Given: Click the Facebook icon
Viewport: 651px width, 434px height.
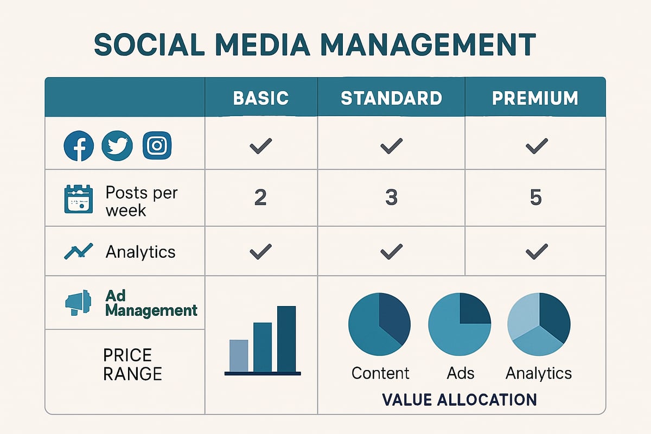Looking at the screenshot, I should tap(79, 146).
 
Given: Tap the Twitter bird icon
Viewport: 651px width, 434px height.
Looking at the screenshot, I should tap(117, 146).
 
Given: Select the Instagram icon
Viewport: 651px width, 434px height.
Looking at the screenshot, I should tap(157, 146).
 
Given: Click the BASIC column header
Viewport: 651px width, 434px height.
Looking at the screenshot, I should tap(260, 98).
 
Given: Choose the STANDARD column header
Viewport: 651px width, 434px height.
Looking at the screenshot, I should tap(391, 98).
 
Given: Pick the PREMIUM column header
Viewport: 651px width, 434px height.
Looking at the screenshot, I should tap(535, 98).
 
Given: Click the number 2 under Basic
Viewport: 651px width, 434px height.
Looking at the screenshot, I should tap(260, 198).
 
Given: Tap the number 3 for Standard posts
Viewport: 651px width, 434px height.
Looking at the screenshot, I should tap(391, 198).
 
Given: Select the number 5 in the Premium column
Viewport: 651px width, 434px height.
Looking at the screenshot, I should tap(535, 198).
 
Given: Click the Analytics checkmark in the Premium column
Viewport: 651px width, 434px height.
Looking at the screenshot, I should tap(536, 251).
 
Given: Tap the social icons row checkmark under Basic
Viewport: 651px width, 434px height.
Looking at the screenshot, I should tap(260, 146).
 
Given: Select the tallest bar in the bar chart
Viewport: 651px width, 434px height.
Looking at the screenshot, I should tap(286, 339).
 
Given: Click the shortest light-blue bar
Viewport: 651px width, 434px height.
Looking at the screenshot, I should tap(239, 355).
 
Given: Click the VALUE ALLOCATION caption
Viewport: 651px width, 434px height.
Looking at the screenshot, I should tap(459, 399).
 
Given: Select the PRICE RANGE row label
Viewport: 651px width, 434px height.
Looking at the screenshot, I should tap(132, 364).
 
